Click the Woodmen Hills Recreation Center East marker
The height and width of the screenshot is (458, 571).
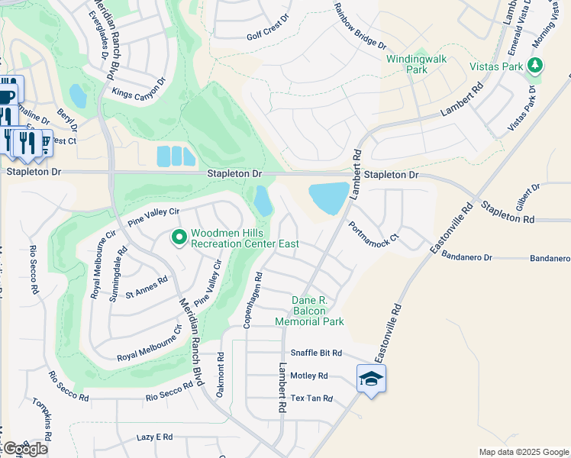(x=179, y=239)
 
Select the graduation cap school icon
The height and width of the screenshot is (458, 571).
(x=371, y=379)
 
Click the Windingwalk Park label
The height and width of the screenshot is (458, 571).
(x=417, y=63)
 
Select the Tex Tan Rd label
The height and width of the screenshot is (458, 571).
(x=311, y=398)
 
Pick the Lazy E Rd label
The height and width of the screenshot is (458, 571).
(x=155, y=437)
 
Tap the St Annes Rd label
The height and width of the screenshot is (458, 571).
(x=146, y=285)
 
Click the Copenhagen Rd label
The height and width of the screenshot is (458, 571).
(x=253, y=300)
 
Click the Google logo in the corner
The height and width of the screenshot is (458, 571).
(x=24, y=448)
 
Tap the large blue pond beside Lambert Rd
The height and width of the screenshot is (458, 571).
(x=329, y=198)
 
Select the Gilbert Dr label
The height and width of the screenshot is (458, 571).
(x=527, y=197)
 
